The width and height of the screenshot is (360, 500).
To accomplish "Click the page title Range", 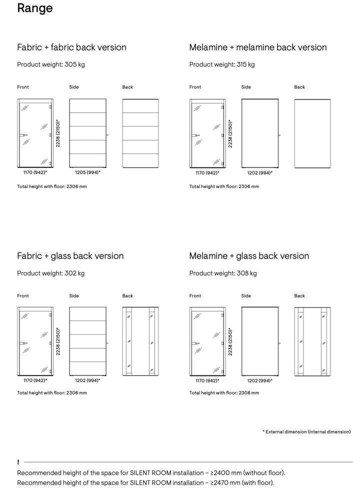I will (x=34, y=8).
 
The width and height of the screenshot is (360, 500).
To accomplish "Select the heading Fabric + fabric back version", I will (x=71, y=47).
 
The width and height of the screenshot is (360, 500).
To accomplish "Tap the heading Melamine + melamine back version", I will (x=257, y=47).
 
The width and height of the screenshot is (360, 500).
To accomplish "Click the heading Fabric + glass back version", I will (x=70, y=256).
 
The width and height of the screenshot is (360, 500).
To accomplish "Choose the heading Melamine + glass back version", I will (x=249, y=256).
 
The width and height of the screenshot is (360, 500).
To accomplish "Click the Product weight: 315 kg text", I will (x=222, y=64).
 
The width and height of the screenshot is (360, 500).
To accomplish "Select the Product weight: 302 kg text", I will (x=50, y=273).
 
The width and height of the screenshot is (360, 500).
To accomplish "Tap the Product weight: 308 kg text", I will (x=223, y=273).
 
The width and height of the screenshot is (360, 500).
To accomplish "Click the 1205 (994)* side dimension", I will (x=87, y=172).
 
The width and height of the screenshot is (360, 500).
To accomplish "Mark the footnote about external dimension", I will (x=306, y=431).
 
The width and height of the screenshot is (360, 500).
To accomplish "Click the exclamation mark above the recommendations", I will (x=18, y=462).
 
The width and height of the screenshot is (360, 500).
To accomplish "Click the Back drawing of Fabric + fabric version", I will (x=140, y=133).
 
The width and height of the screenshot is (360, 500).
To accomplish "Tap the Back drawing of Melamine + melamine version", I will (x=312, y=133).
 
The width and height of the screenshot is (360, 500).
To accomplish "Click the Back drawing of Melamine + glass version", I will (x=312, y=341).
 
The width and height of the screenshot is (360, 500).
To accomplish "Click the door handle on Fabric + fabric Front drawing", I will (x=23, y=135).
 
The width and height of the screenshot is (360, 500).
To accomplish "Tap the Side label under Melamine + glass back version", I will (x=246, y=296).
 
